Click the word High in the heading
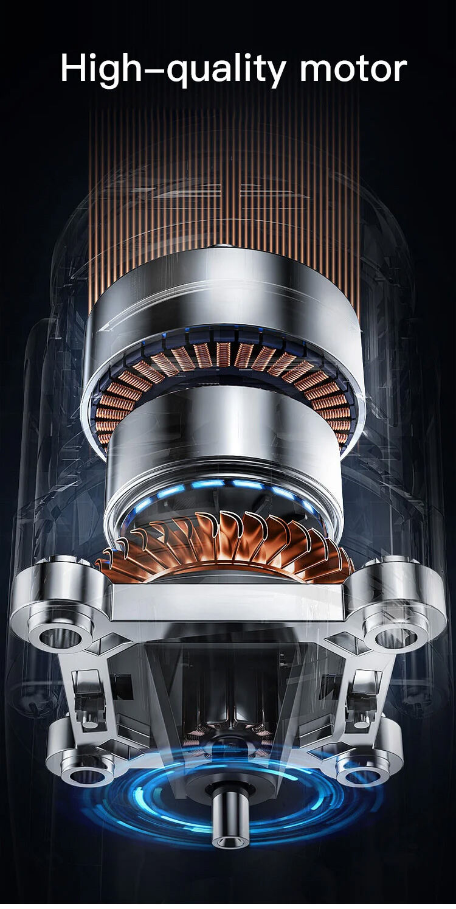[102, 69]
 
